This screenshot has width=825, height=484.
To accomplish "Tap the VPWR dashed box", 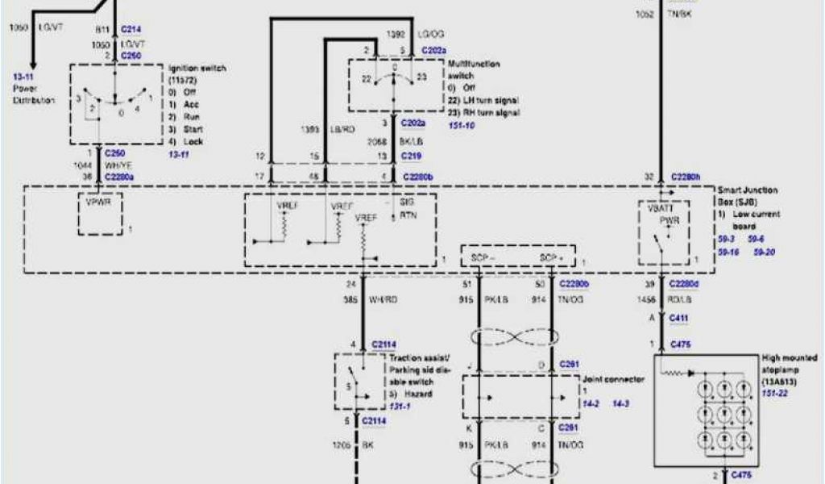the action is click(100, 215).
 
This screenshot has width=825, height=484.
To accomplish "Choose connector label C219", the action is click(412, 156).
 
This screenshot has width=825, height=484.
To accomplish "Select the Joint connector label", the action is click(612, 378).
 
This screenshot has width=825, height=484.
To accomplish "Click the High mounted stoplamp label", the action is click(789, 362).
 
